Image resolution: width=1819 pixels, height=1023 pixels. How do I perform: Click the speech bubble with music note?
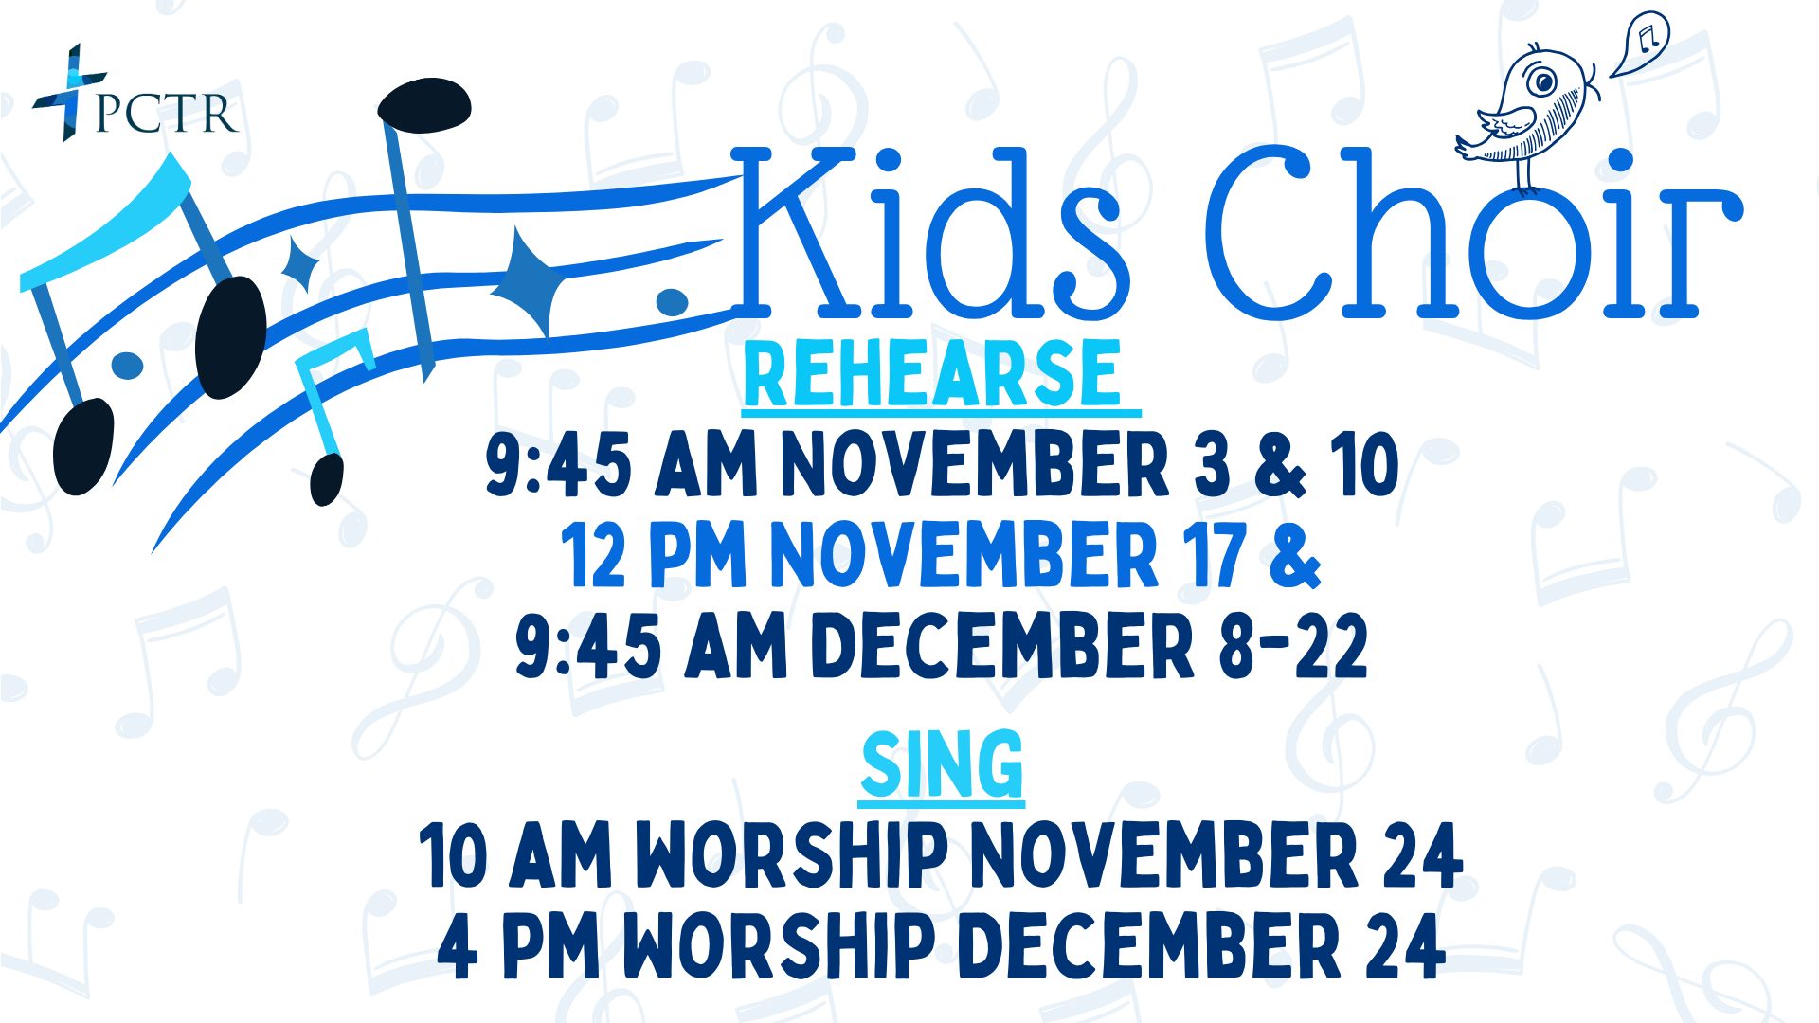(x=1640, y=44)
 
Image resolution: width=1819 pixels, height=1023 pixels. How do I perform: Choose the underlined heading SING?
(x=943, y=765)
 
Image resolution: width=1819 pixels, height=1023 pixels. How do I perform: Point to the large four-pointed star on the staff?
(x=530, y=281)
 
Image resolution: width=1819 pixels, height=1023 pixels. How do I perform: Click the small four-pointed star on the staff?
(x=300, y=264)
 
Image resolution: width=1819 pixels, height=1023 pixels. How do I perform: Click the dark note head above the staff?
(x=424, y=104)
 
